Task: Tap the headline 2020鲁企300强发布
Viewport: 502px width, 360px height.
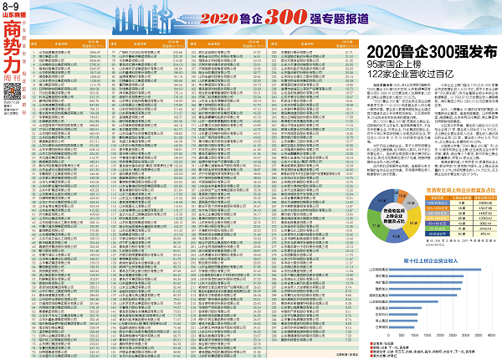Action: (428, 53)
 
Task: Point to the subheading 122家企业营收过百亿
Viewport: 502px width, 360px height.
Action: (417, 76)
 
